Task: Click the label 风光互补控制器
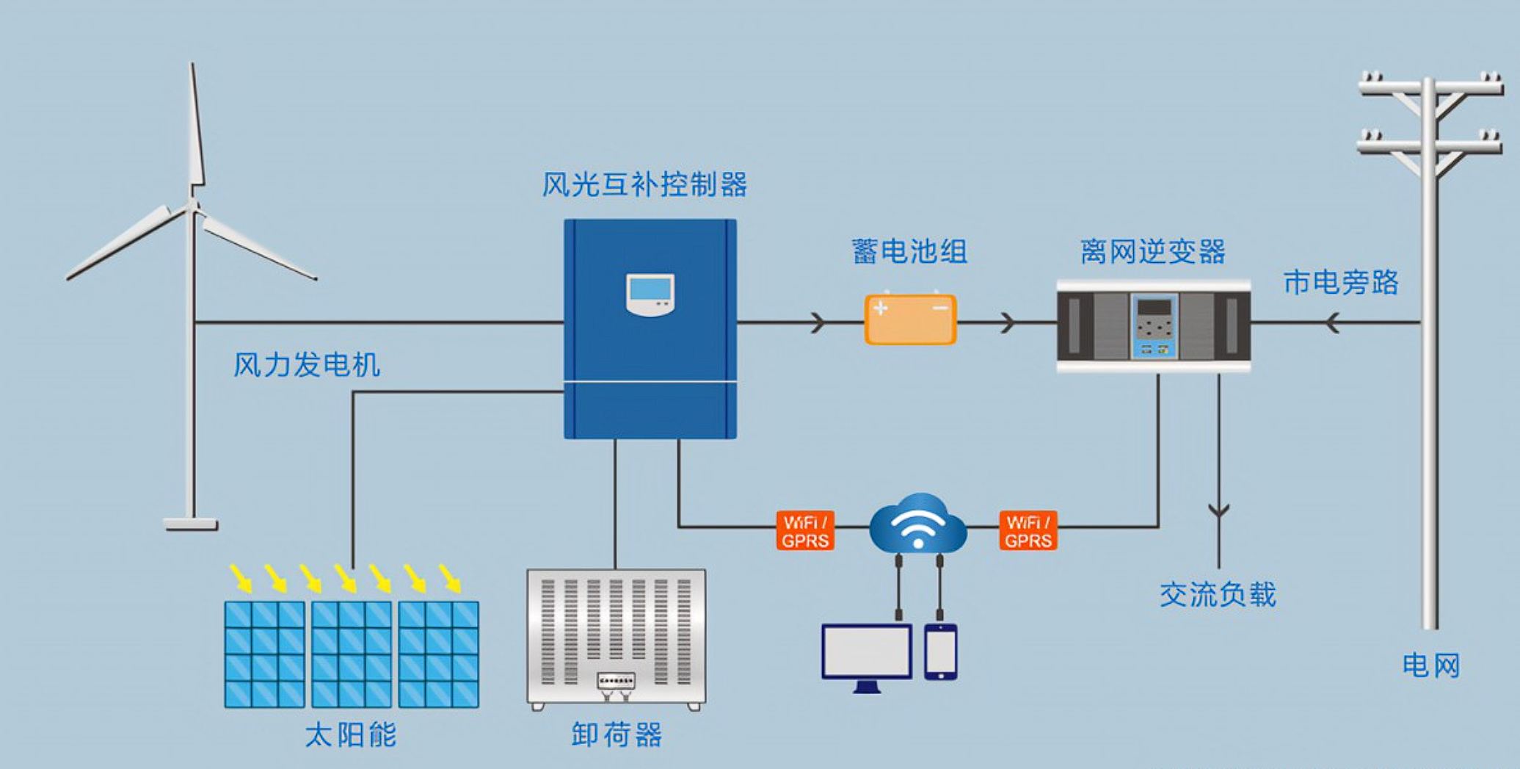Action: pyautogui.click(x=644, y=184)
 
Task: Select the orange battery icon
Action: pyautogui.click(x=910, y=319)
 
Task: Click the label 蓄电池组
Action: pyautogui.click(x=909, y=252)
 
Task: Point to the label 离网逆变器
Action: pyautogui.click(x=1153, y=252)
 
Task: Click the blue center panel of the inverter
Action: pyautogui.click(x=1154, y=326)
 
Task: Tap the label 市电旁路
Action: pyautogui.click(x=1341, y=283)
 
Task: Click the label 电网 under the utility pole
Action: pyautogui.click(x=1430, y=665)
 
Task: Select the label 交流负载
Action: pyautogui.click(x=1218, y=594)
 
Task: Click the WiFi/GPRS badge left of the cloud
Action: pyautogui.click(x=805, y=531)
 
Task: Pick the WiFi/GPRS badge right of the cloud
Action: pyautogui.click(x=1028, y=531)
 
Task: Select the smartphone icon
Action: pyautogui.click(x=940, y=651)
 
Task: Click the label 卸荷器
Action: pyautogui.click(x=617, y=734)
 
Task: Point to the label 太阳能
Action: pyautogui.click(x=351, y=734)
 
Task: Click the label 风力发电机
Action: pyautogui.click(x=307, y=365)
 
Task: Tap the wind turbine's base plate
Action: pyautogui.click(x=191, y=524)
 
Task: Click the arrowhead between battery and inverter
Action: pyautogui.click(x=1007, y=322)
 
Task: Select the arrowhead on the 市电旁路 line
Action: pyautogui.click(x=1332, y=322)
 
